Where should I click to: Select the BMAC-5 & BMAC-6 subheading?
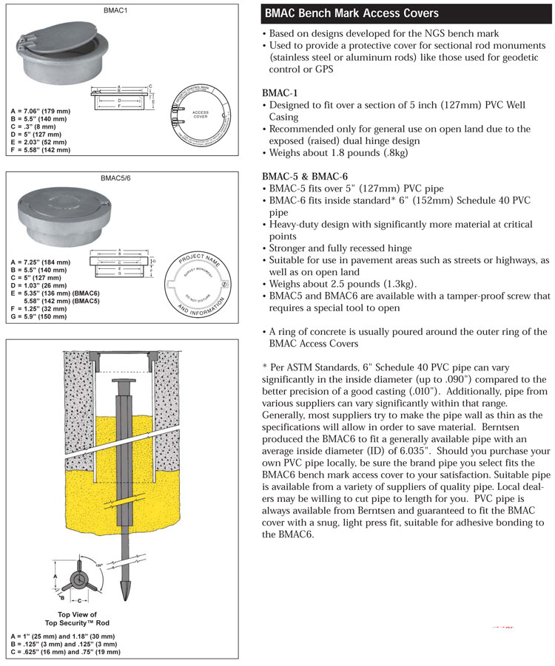click(x=305, y=176)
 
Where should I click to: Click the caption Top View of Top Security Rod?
click(x=77, y=619)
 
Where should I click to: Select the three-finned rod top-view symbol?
click(x=78, y=580)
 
